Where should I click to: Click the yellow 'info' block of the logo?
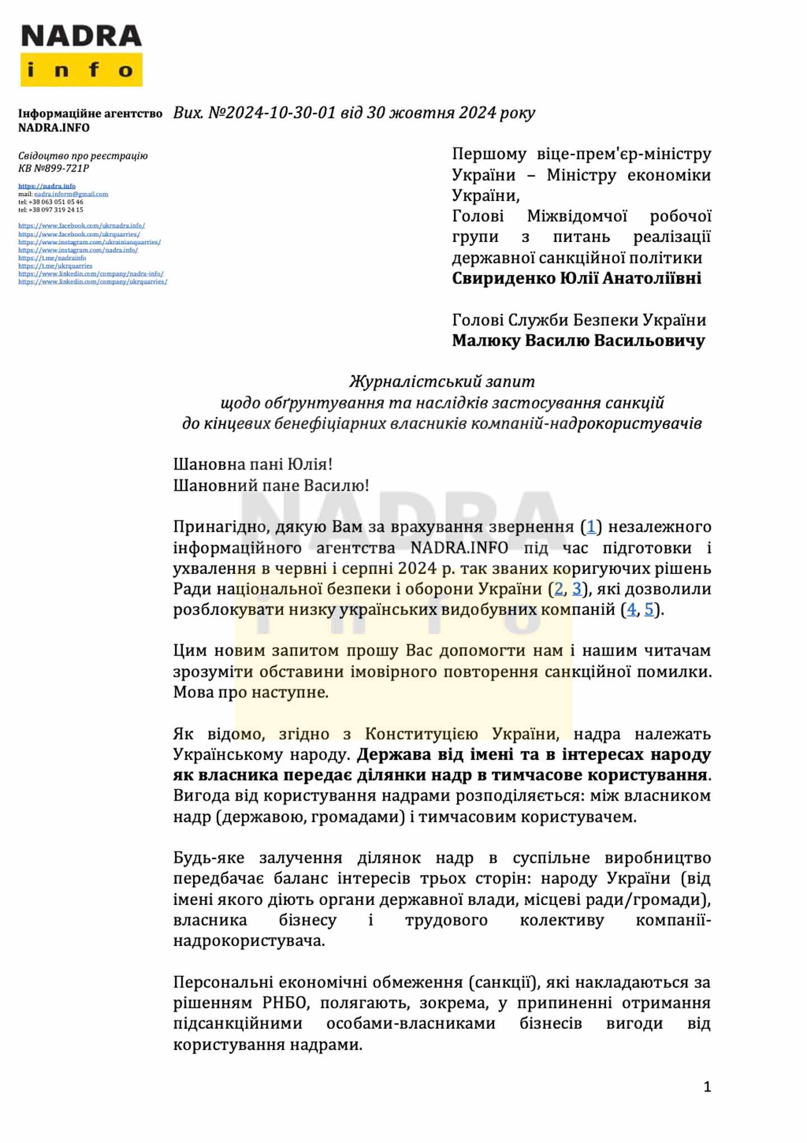coord(81,70)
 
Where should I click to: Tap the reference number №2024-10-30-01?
coord(272,113)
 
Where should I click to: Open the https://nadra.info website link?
coord(46,186)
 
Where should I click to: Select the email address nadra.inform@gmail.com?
coord(71,194)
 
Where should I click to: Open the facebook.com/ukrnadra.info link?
coord(81,226)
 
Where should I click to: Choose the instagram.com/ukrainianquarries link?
coord(90,242)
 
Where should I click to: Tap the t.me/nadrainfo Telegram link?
coord(52,258)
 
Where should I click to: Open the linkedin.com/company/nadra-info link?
coord(91,274)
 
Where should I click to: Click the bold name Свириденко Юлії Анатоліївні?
coord(576,278)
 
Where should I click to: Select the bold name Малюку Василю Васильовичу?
coord(578,341)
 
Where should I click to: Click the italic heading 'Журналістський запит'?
coord(442,382)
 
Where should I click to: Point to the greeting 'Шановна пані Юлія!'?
coord(253,464)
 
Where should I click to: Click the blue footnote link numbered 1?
coord(591,527)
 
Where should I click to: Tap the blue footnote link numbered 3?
coord(576,589)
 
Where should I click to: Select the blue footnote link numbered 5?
coord(649,610)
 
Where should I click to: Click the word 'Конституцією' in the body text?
coord(421,734)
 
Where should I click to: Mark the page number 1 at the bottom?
coord(707,1087)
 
